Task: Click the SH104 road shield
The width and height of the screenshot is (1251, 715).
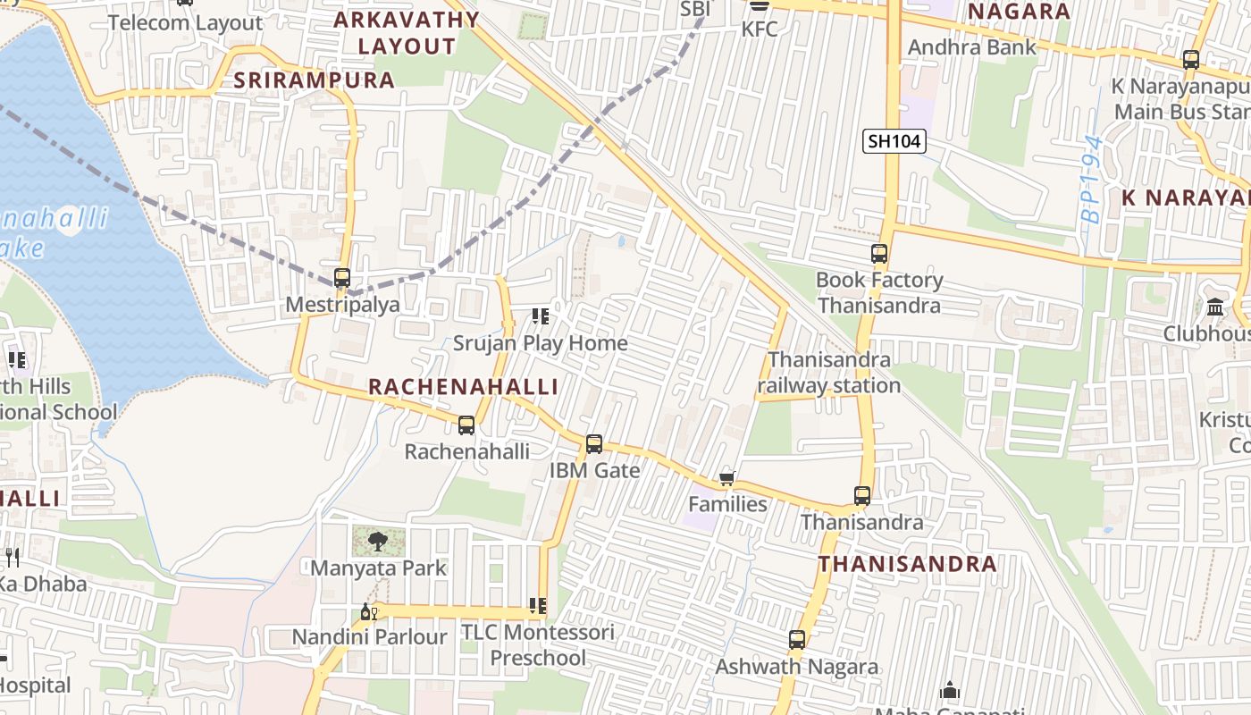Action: click(x=894, y=140)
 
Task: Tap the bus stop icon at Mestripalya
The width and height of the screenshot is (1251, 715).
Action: click(x=342, y=278)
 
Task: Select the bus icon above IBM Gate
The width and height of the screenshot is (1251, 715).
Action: click(x=594, y=443)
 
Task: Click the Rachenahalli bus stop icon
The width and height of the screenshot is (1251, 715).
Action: click(x=466, y=425)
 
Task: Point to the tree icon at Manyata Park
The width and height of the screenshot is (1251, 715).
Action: click(x=378, y=540)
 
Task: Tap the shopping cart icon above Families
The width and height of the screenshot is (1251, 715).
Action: click(x=727, y=478)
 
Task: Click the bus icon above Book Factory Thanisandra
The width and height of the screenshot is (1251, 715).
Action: click(x=879, y=254)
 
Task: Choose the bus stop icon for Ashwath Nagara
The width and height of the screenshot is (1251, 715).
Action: click(x=797, y=640)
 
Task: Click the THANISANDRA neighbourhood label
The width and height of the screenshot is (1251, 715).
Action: click(x=907, y=564)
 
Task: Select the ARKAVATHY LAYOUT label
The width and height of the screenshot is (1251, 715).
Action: click(x=407, y=33)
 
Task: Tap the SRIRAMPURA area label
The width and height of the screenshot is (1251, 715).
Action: click(x=314, y=80)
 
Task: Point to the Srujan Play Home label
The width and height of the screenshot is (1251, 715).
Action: click(x=540, y=343)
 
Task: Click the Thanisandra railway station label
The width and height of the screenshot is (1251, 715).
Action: click(x=829, y=373)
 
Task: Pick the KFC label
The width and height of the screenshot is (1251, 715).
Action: click(x=760, y=29)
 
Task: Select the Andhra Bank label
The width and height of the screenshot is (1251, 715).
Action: click(x=972, y=47)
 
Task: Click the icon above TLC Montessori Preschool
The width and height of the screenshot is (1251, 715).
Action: click(x=538, y=606)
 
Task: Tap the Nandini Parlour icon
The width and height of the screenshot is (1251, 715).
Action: click(x=368, y=612)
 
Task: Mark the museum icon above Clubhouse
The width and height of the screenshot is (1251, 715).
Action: click(x=1215, y=307)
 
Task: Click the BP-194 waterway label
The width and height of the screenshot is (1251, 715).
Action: click(x=1091, y=179)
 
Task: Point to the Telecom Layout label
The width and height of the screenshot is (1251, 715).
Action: click(x=186, y=22)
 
